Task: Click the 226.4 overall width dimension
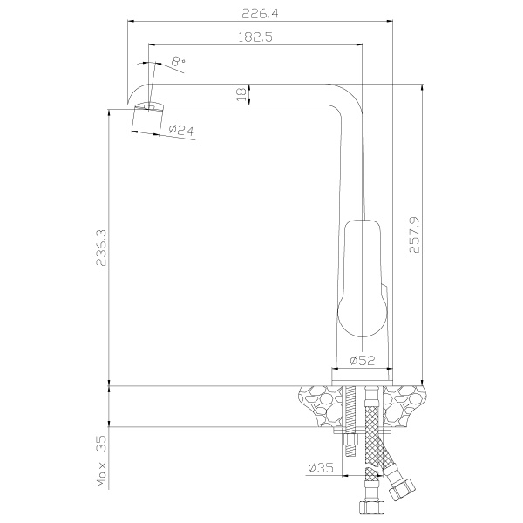coord(260,14)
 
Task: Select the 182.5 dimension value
coord(255,37)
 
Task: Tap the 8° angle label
coord(179,61)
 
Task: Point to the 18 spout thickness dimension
coord(242,95)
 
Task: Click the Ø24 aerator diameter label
coord(181,129)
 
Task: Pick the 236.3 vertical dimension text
coord(101,248)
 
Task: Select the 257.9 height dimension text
coord(415,234)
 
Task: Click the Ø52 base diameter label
coord(363,360)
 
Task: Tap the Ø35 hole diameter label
coord(321,467)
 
